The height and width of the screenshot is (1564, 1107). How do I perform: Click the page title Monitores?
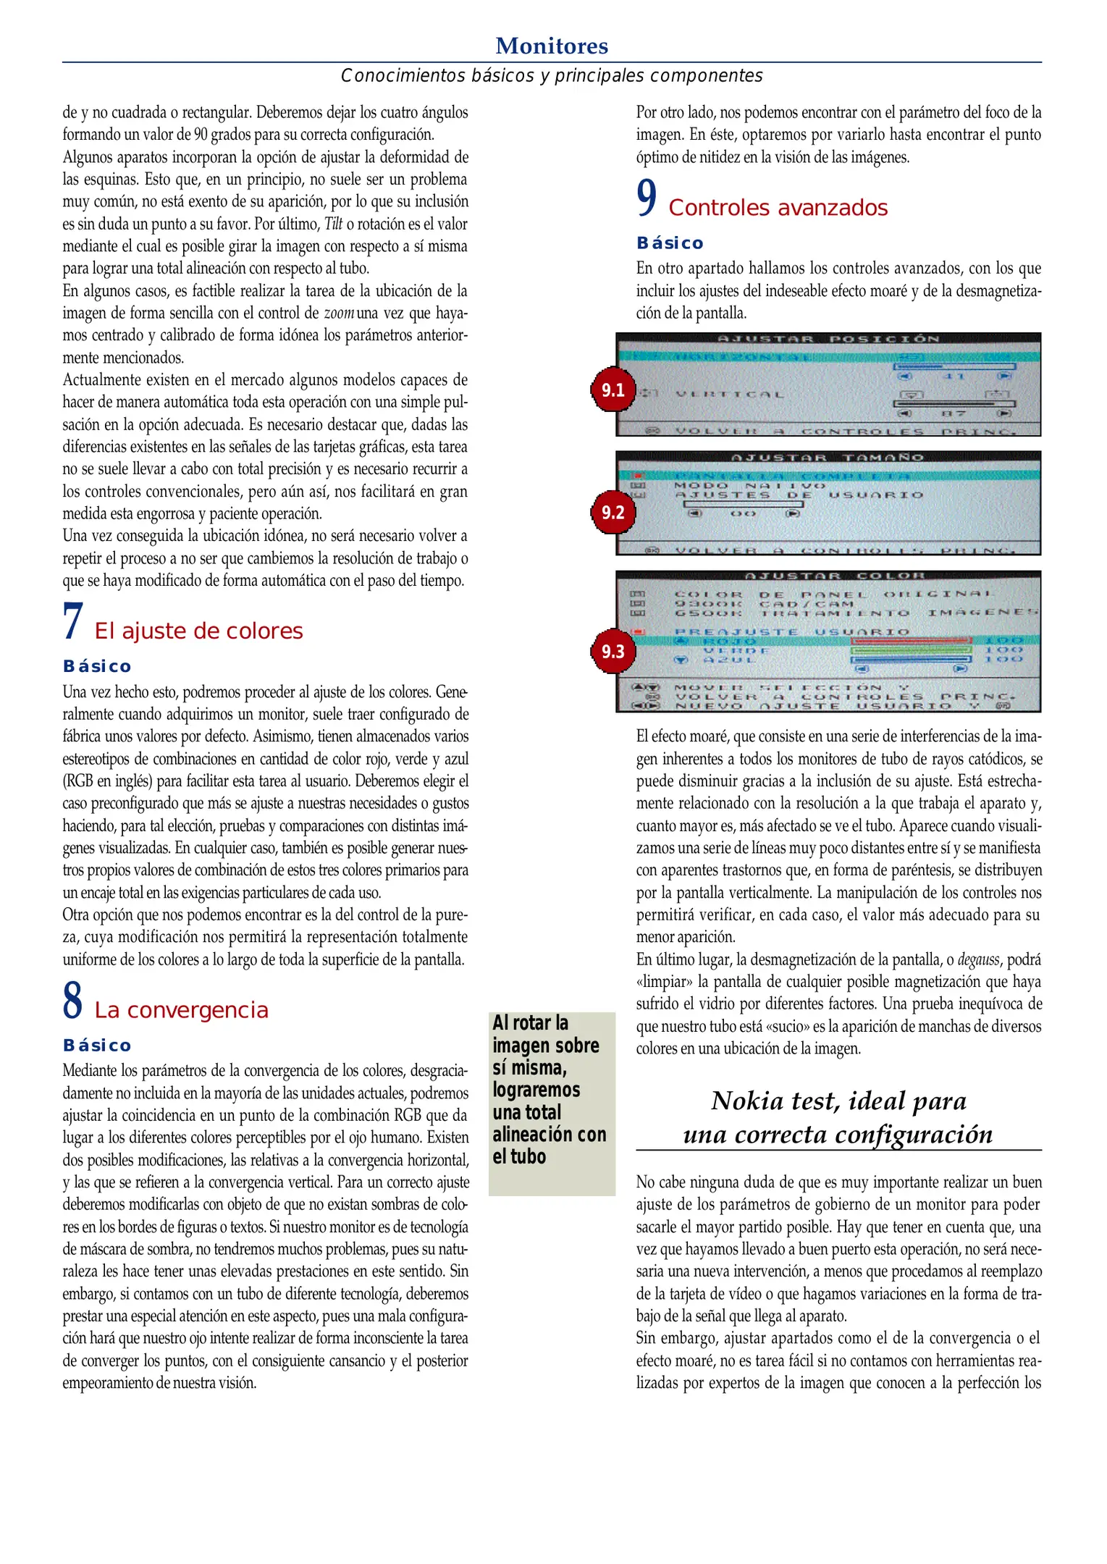click(x=552, y=46)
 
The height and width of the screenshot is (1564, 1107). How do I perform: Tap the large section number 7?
click(x=73, y=622)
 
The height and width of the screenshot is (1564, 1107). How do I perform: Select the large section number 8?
click(x=73, y=1001)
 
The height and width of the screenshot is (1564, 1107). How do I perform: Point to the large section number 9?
click(x=647, y=198)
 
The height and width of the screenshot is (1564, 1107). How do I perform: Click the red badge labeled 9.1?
click(x=613, y=390)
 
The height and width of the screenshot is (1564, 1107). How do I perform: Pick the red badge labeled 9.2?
click(x=613, y=513)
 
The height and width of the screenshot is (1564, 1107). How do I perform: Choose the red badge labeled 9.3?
click(x=613, y=651)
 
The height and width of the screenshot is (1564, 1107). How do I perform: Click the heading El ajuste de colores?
click(x=198, y=631)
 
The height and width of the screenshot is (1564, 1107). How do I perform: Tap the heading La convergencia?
click(x=181, y=1011)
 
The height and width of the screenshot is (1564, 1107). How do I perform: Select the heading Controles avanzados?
click(x=778, y=209)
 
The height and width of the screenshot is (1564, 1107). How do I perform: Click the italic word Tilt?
click(x=333, y=224)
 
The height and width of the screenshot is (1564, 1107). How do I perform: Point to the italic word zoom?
click(x=339, y=314)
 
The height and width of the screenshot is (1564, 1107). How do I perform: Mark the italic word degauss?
click(x=978, y=960)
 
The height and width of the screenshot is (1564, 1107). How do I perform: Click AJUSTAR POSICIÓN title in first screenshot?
click(x=828, y=339)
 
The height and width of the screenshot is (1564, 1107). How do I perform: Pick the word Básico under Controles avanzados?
click(x=670, y=243)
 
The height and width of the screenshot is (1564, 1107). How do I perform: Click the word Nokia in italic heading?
click(x=747, y=1101)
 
